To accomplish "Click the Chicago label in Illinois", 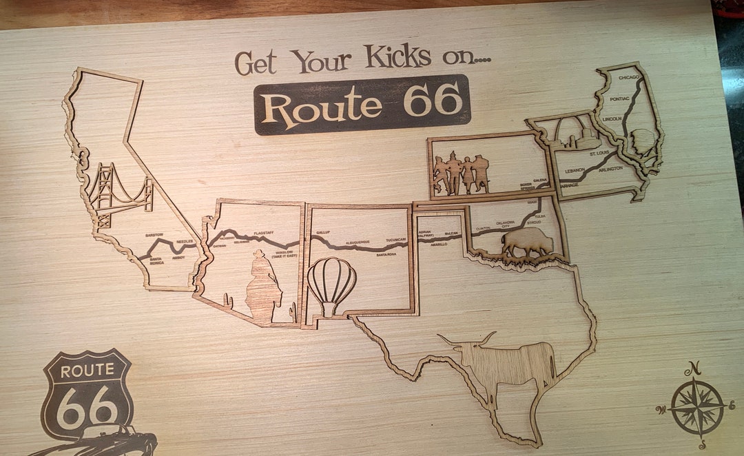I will tap(628, 78).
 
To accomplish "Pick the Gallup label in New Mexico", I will tap(323, 234).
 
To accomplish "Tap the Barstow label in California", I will tap(154, 235).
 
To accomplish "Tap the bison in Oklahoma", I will tap(528, 243).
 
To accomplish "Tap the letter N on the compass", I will tap(696, 366).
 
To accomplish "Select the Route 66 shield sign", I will tap(87, 393).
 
